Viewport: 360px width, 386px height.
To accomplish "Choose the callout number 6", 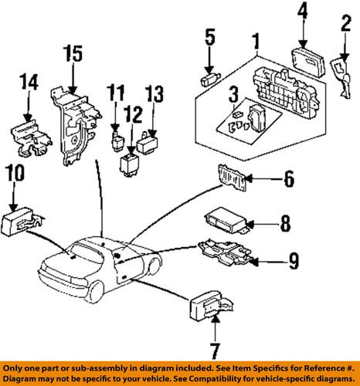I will [x=288, y=181].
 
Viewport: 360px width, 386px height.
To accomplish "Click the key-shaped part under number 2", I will [x=341, y=68].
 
